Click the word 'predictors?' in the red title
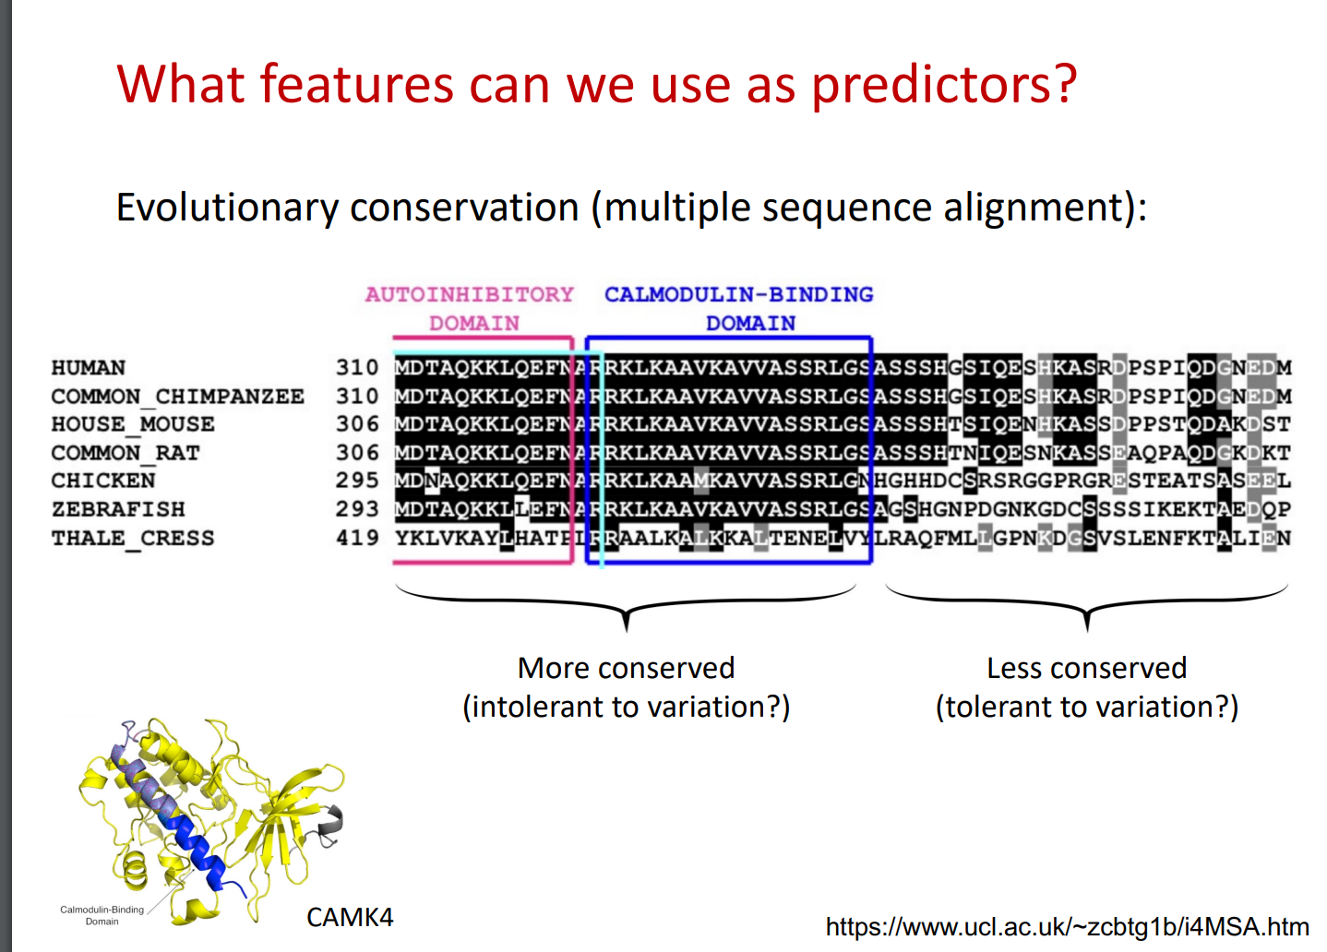tap(944, 85)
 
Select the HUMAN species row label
tap(89, 368)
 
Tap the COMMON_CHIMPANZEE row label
tap(178, 396)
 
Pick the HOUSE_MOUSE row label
tap(133, 424)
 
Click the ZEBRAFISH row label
tap(118, 509)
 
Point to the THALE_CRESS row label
tap(133, 538)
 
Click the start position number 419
tap(357, 538)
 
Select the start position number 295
tap(357, 480)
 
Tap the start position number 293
tap(357, 509)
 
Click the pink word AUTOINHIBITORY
tap(470, 294)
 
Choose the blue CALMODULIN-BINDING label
tap(739, 294)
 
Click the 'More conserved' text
tap(627, 669)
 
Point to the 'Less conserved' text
tap(1086, 669)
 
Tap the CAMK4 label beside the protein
tap(350, 918)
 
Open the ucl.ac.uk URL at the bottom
tap(1067, 926)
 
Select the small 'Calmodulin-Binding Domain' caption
tap(102, 915)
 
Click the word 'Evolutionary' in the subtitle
tap(227, 208)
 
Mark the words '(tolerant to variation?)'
tap(1086, 707)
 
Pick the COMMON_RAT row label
tap(126, 453)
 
